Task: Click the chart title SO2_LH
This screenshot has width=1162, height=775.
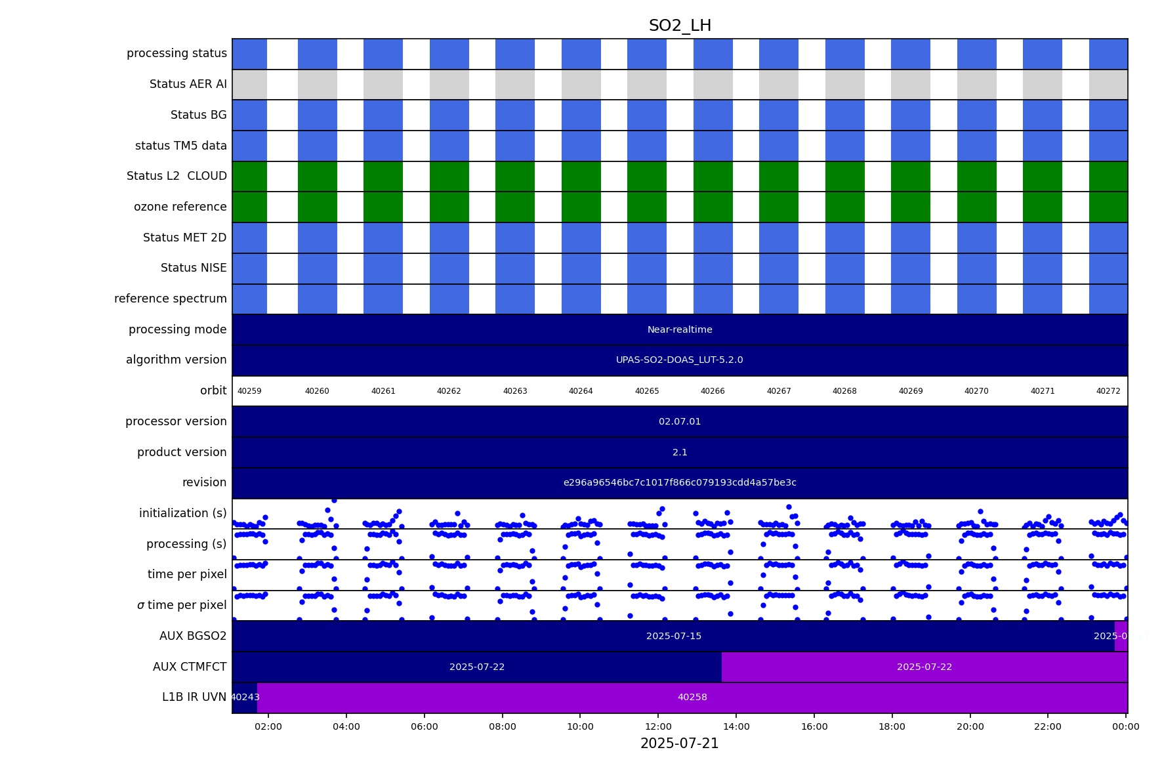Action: click(680, 26)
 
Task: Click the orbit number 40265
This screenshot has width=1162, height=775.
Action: click(646, 391)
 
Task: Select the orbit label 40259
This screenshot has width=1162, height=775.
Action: click(249, 391)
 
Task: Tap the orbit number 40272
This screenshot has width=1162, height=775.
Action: click(1108, 391)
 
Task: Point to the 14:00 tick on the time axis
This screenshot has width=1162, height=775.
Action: click(736, 726)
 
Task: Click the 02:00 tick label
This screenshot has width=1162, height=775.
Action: click(268, 726)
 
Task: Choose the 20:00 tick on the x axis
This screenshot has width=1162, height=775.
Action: click(970, 726)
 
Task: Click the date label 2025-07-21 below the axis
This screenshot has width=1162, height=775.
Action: click(679, 744)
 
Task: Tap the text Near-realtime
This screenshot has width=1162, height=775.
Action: click(680, 330)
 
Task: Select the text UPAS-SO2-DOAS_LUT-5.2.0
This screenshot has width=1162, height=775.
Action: click(679, 360)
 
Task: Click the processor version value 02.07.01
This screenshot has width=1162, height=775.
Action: click(680, 422)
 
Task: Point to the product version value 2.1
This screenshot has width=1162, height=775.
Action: click(680, 453)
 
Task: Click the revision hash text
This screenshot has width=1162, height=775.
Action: click(680, 483)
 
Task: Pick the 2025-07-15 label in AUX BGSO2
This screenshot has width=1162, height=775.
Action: click(673, 637)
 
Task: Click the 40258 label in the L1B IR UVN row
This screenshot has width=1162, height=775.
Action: click(692, 698)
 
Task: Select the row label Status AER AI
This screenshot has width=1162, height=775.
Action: click(188, 85)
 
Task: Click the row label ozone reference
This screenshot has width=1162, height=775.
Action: click(180, 207)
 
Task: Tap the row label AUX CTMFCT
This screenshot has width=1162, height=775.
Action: click(190, 667)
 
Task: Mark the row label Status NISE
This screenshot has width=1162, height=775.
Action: click(194, 268)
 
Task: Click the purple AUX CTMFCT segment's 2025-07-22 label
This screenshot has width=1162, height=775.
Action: click(924, 667)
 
